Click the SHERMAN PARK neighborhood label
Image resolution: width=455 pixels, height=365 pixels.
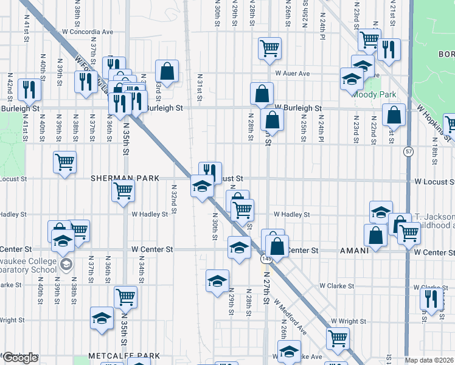[x=125, y=179]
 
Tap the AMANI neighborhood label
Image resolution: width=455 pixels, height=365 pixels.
[x=355, y=251]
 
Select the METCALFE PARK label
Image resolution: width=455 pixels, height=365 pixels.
[x=124, y=356]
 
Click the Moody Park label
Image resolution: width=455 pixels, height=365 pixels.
[x=373, y=95]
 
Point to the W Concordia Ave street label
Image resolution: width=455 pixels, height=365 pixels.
[x=88, y=32]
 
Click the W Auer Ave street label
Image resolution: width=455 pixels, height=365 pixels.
[x=292, y=74]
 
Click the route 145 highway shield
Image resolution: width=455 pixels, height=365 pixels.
[x=266, y=259]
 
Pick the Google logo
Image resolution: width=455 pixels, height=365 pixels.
[x=19, y=358]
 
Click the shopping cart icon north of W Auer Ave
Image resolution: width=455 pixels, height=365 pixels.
[x=269, y=47]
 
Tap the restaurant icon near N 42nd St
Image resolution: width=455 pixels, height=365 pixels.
[x=29, y=89]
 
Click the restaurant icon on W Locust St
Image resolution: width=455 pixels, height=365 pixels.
[x=210, y=172]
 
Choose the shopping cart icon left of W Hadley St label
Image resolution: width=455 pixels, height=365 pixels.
[x=123, y=191]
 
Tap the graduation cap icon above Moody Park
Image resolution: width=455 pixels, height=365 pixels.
[x=363, y=64]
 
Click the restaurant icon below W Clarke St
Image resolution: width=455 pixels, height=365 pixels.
[x=431, y=299]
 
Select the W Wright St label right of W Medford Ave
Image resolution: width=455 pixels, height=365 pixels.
[x=350, y=321]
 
